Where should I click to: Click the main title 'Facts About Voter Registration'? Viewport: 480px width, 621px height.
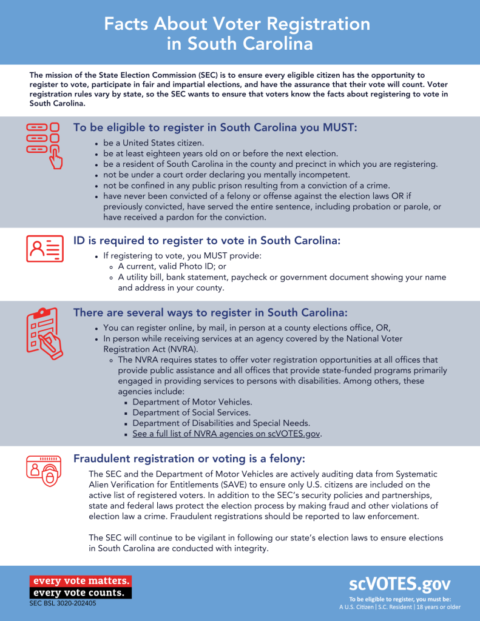click(237, 24)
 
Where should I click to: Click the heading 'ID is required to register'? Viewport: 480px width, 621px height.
click(207, 240)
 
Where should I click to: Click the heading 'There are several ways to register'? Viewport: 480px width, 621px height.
click(210, 312)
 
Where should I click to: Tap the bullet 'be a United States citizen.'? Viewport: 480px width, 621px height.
click(154, 143)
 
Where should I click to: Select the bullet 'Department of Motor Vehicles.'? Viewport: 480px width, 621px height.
click(192, 401)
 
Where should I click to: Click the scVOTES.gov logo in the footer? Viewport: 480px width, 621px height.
click(399, 584)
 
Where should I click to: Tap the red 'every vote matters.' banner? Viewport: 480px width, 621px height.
click(80, 581)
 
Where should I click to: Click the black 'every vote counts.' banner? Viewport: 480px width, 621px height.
click(80, 592)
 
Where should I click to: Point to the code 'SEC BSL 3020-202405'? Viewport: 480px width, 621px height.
click(63, 603)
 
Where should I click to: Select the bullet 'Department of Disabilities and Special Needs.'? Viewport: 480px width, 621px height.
click(221, 423)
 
